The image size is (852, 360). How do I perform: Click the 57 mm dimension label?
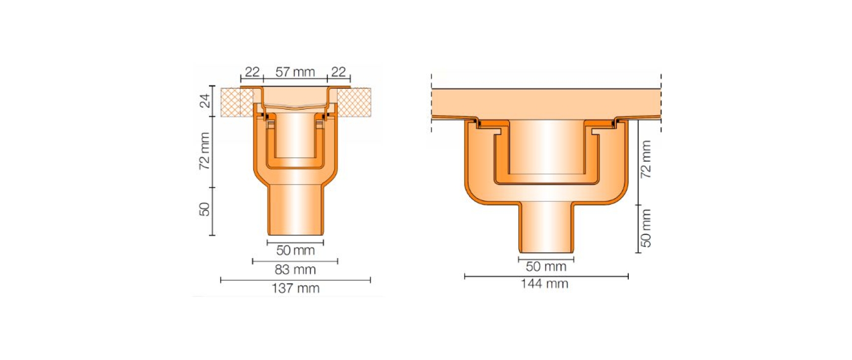pos(295,72)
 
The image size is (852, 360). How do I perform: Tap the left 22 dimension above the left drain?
pos(252,72)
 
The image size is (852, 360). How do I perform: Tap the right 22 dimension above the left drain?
pos(338,72)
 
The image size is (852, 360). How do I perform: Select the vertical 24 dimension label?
pos(204,101)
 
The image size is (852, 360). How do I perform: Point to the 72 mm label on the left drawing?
pos(204,151)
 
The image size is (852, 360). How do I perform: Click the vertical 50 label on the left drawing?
pos(204,209)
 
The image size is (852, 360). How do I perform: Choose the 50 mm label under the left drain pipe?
pos(295,250)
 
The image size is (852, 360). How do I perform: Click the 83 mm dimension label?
pos(295,270)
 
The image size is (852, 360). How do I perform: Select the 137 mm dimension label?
pos(295,289)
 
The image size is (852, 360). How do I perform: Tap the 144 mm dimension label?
pos(544,284)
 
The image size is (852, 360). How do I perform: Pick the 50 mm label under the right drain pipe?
pos(546,267)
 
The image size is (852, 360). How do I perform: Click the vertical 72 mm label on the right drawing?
pos(646,159)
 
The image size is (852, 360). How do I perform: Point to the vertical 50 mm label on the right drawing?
pos(646,228)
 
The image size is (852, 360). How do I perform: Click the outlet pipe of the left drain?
pos(295,210)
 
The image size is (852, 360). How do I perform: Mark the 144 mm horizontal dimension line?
pos(546,276)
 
